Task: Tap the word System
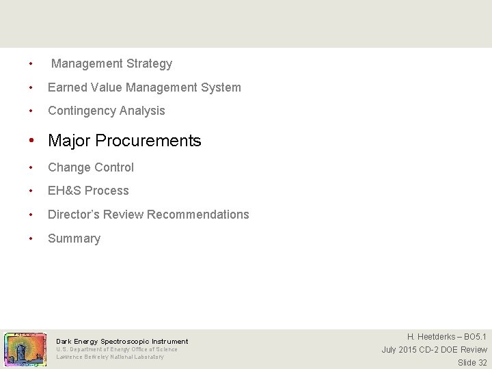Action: coord(220,87)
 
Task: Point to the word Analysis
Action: coord(143,111)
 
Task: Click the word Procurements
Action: coord(148,141)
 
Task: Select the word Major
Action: coord(70,141)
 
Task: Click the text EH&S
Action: coord(64,191)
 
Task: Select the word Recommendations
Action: coord(198,215)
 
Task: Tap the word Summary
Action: coord(74,238)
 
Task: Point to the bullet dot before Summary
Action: coord(31,238)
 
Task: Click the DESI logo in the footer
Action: coord(25,349)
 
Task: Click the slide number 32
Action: coord(482,363)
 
